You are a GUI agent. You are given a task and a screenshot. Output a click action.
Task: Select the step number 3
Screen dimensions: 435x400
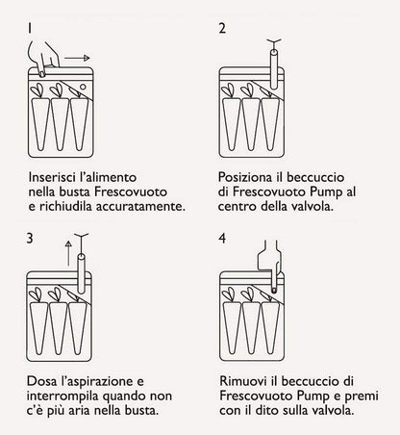pyautogui.click(x=32, y=236)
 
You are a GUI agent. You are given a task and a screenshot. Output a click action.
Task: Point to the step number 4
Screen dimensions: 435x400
pyautogui.click(x=223, y=236)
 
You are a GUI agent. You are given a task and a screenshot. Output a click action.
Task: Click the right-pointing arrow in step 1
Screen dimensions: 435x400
pyautogui.click(x=90, y=69)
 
